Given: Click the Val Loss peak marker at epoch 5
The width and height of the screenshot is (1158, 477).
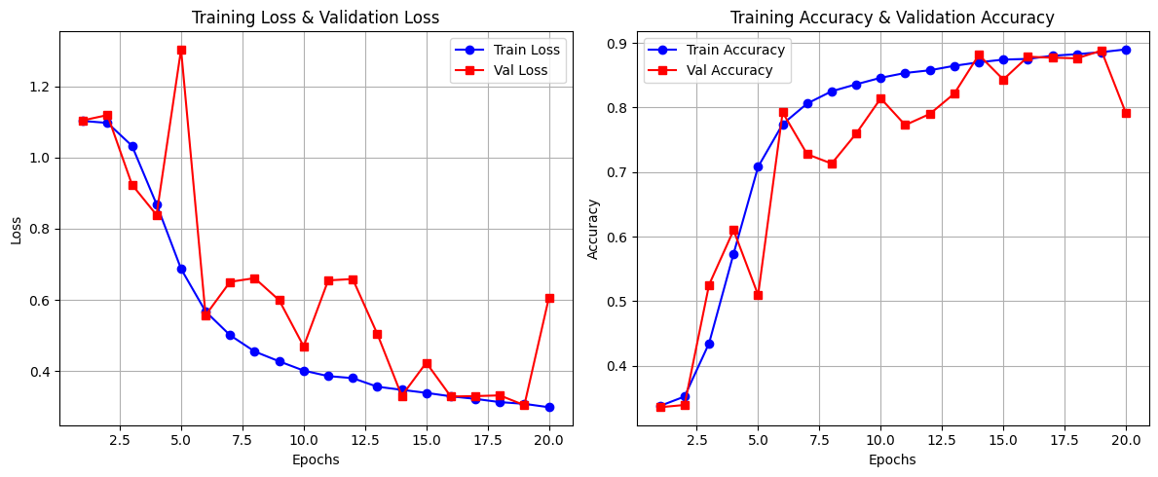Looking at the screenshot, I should tap(181, 50).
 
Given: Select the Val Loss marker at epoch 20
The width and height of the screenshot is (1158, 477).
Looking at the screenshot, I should tap(549, 298).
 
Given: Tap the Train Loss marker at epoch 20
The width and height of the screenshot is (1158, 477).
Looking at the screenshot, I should tap(549, 407).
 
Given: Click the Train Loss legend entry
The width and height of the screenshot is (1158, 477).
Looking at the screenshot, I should tap(506, 50).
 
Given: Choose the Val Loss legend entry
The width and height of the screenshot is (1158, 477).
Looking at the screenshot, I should tap(506, 70).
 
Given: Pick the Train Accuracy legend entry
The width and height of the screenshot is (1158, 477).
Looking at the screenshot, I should tap(716, 50).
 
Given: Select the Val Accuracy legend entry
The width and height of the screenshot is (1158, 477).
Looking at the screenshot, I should tap(716, 70).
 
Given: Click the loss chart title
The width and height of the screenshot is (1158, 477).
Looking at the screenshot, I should tap(316, 18).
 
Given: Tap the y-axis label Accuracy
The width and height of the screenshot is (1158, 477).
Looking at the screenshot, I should tap(592, 229).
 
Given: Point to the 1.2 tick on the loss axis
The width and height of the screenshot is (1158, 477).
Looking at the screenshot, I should tap(40, 87).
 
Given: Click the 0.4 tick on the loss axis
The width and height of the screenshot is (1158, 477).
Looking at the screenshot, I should tap(40, 372).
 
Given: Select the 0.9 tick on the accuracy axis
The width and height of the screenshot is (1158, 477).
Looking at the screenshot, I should tap(617, 44).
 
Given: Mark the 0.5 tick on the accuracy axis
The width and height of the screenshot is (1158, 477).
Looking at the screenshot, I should tap(617, 302).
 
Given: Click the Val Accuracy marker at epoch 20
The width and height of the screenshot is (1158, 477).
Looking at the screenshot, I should tap(1126, 113).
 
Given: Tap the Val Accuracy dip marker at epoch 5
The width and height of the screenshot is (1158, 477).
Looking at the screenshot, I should tap(758, 295).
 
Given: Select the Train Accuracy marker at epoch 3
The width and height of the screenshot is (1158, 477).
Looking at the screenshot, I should tap(709, 344).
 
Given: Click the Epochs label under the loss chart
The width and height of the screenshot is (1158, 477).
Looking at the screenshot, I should tap(316, 459).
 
